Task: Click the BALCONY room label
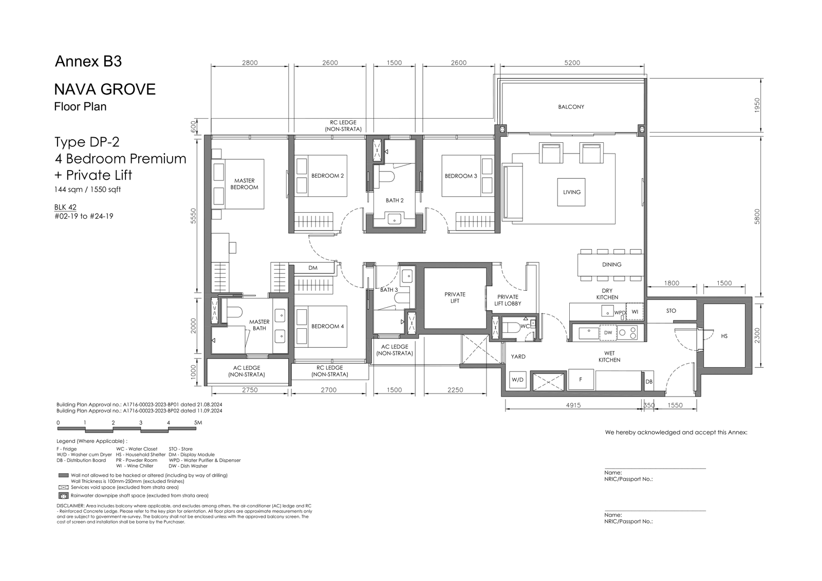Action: [571, 107]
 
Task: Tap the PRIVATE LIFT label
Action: [455, 297]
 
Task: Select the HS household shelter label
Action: [724, 336]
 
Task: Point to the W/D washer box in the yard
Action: [517, 380]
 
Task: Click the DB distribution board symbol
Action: [649, 382]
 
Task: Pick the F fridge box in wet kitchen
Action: [581, 380]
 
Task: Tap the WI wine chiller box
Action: [634, 312]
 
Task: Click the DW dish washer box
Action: [608, 332]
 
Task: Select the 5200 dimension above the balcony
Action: [572, 63]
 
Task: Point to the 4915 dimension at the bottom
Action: [573, 405]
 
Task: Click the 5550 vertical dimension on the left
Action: [193, 215]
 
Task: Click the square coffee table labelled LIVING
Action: [571, 192]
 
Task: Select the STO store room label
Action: [671, 310]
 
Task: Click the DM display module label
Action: [313, 268]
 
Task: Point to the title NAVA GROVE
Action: [105, 89]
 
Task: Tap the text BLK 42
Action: [65, 207]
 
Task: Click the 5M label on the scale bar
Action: [198, 422]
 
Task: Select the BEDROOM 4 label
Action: [327, 326]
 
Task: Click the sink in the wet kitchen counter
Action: [589, 333]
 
